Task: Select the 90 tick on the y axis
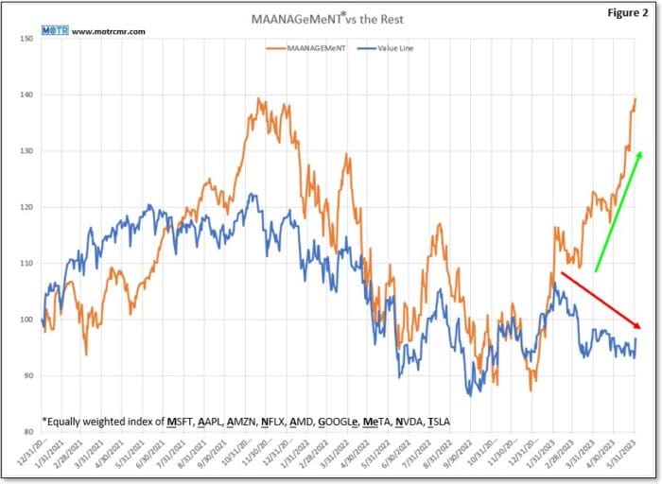pyautogui.click(x=27, y=376)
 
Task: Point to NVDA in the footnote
pyautogui.click(x=402, y=421)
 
